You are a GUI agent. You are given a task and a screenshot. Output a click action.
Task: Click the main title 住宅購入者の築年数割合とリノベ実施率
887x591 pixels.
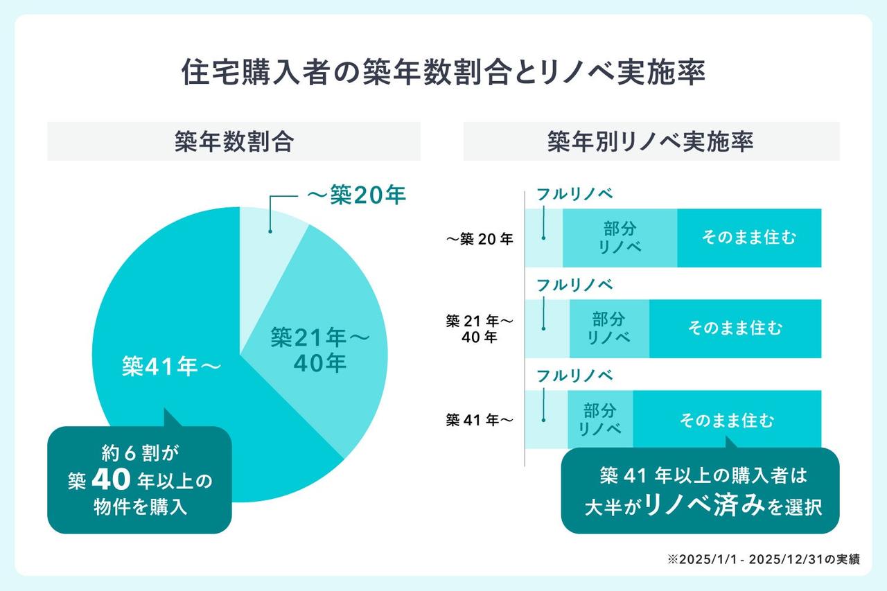point(443,72)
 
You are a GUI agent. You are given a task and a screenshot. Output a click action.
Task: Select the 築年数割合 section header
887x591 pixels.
point(234,141)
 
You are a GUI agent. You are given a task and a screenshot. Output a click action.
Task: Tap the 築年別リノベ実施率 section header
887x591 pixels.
point(651,141)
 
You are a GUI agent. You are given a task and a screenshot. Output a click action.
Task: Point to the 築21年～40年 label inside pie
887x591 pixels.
point(319,350)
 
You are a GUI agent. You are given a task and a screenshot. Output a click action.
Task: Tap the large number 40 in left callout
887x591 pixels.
point(111,480)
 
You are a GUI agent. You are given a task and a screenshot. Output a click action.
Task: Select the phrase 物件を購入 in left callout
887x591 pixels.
point(140,507)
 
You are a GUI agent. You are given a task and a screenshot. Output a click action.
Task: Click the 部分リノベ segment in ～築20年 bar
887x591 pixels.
point(619,238)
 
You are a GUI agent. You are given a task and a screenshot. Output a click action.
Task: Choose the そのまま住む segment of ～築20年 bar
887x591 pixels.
point(748,238)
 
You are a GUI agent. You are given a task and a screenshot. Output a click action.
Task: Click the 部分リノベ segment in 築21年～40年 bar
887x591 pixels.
point(608,328)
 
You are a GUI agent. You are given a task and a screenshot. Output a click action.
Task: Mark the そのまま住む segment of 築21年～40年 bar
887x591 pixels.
point(735,328)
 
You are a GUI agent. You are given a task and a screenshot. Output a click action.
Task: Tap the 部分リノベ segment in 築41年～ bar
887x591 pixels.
point(599,420)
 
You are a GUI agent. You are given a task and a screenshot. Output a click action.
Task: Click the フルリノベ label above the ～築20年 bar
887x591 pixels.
point(574,194)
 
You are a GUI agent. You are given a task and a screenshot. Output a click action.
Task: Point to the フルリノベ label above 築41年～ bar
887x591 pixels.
point(574,376)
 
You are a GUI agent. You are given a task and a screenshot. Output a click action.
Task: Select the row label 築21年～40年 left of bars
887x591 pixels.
point(480,329)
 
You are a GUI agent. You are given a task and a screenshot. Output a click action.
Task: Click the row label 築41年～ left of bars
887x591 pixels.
point(480,420)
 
